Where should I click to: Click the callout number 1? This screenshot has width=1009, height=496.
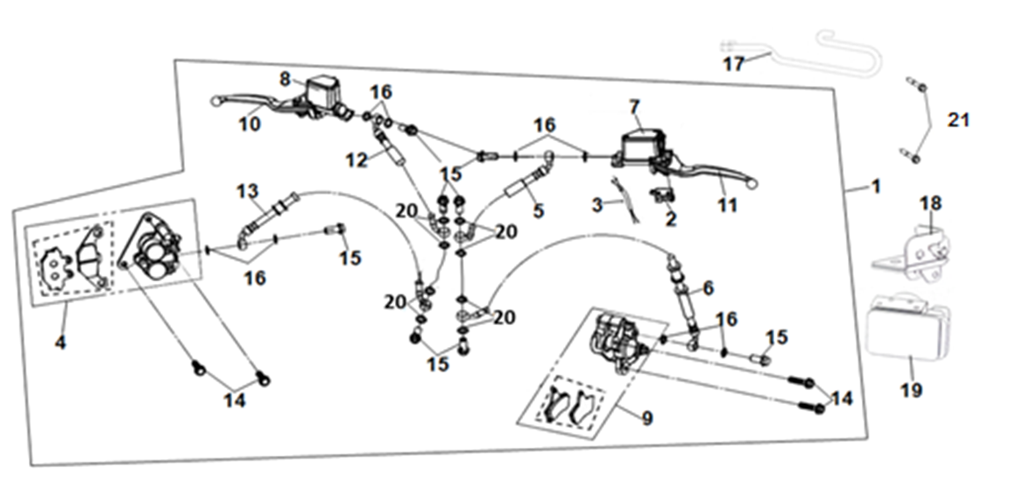(876, 187)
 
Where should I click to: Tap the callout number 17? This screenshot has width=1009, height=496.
(733, 64)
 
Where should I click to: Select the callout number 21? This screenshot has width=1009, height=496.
(959, 120)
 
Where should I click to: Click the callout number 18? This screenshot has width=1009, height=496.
(929, 204)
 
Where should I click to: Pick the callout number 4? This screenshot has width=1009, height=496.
(60, 343)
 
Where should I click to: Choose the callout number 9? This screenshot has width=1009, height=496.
(646, 419)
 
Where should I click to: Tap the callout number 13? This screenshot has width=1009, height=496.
(248, 190)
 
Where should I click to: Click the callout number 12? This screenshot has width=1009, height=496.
(355, 160)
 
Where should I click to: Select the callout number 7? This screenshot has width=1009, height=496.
(634, 107)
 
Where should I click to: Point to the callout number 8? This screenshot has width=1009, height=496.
(286, 79)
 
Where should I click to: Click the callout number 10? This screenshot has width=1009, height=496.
(250, 124)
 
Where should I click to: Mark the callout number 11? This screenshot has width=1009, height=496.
(728, 206)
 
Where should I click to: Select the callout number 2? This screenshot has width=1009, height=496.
(671, 220)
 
